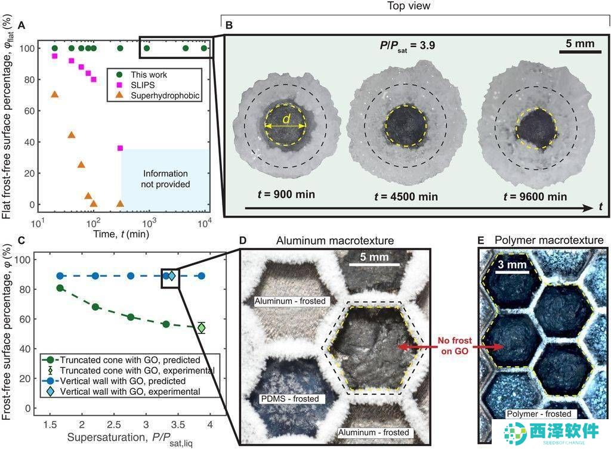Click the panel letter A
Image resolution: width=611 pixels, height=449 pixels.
point(21,26)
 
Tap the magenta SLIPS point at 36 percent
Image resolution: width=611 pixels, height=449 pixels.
point(120,148)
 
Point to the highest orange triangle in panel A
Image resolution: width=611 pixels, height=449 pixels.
point(54,95)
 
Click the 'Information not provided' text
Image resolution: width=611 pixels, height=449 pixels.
point(166,179)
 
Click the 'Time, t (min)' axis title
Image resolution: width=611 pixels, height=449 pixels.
point(121,234)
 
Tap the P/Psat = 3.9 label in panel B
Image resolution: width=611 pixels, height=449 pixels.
point(408,46)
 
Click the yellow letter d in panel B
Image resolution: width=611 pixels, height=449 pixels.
point(286,119)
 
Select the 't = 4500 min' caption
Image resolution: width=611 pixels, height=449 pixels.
point(406,197)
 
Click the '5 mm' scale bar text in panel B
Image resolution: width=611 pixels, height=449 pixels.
point(580,44)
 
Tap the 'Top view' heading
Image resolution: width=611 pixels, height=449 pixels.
point(409,6)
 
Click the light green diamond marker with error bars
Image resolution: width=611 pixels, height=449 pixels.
point(201,328)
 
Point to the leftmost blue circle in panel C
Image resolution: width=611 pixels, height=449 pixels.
point(60,276)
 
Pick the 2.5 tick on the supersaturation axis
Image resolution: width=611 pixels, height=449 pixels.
point(114,424)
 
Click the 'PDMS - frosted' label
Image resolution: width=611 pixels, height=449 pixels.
point(290,399)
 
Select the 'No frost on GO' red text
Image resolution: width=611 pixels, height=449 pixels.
point(455,346)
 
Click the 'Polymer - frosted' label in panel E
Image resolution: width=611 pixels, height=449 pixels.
point(539,414)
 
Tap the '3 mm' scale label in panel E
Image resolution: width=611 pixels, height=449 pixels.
point(512,265)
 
